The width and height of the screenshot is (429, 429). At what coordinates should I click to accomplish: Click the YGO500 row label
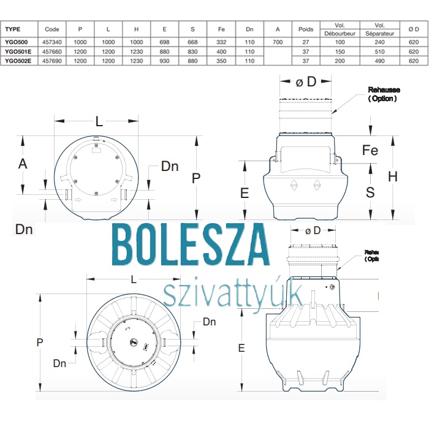[17, 42]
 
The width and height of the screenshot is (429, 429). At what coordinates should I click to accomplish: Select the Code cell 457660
[52, 51]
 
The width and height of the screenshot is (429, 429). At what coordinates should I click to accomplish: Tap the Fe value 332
[221, 42]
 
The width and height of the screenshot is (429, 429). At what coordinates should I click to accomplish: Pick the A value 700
[278, 42]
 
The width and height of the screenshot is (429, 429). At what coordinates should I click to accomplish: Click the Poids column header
[306, 29]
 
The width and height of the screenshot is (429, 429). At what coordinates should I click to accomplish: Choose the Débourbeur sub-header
[340, 33]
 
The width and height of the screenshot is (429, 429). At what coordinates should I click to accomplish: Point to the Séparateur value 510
[379, 51]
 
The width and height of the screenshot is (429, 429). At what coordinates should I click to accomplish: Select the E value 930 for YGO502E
[164, 61]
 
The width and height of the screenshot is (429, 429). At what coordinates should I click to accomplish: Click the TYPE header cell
[13, 29]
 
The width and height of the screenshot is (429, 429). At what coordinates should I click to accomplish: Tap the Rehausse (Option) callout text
[384, 94]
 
